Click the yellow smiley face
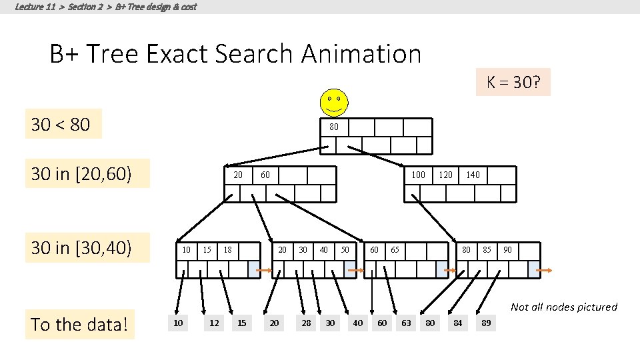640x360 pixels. click(333, 102)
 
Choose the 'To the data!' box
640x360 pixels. click(80, 325)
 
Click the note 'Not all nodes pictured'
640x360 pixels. click(563, 307)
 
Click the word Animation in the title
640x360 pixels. click(361, 53)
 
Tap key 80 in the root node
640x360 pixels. click(334, 127)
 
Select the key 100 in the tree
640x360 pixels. click(418, 175)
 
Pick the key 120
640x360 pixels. click(445, 175)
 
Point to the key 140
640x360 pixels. click(473, 175)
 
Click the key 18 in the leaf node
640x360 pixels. click(228, 250)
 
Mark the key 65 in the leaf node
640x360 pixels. click(395, 250)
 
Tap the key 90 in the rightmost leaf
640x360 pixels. click(508, 250)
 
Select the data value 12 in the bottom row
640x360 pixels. click(214, 323)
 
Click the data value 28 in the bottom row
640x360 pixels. click(305, 323)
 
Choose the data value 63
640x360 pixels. click(406, 323)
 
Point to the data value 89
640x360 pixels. click(487, 323)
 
